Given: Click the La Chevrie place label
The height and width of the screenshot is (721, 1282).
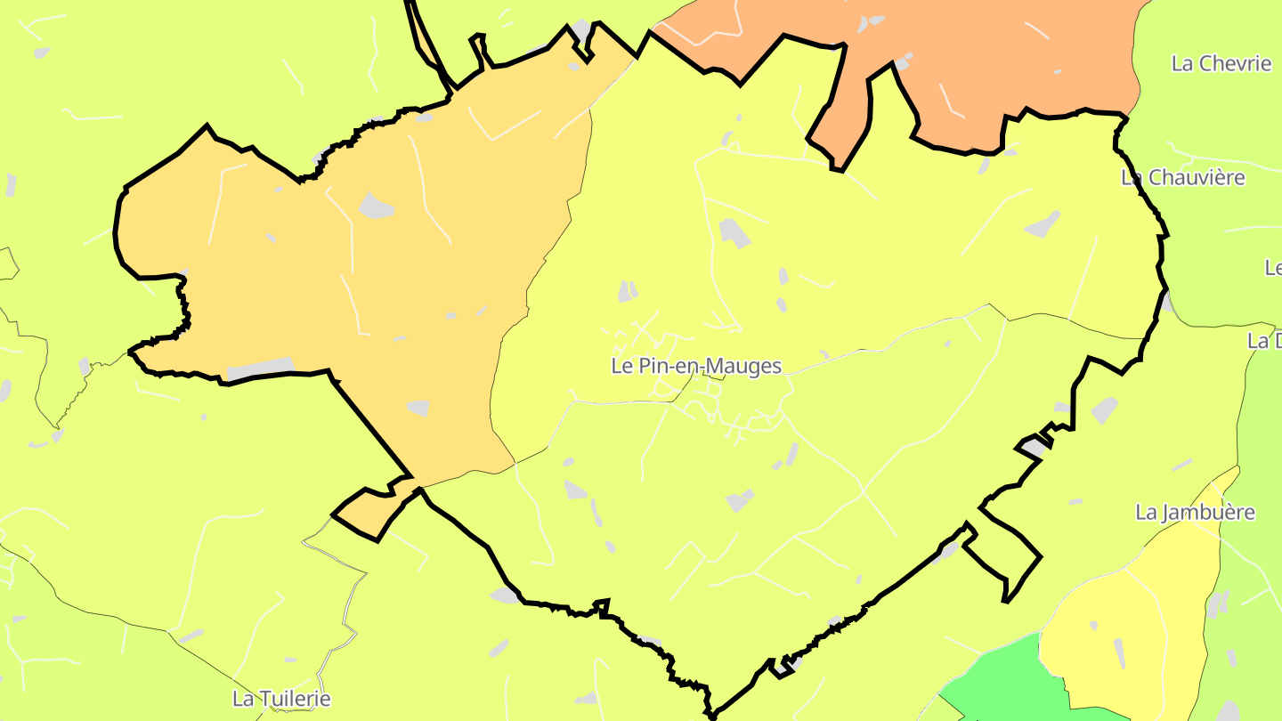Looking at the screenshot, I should click(1221, 63).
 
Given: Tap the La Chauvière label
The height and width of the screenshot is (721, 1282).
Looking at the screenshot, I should click(1183, 177).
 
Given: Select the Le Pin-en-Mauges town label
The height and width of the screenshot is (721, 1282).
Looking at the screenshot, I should click(696, 366).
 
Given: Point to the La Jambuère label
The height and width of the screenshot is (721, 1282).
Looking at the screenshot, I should click(1196, 512).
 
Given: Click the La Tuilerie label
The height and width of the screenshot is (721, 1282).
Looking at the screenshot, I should click(281, 699).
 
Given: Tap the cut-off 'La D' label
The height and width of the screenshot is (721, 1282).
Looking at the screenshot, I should click(1265, 340).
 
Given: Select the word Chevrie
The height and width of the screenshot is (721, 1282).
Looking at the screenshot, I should click(1234, 63).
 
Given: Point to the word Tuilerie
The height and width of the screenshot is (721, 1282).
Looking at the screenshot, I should click(294, 699).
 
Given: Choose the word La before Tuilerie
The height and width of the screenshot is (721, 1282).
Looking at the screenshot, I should click(242, 699).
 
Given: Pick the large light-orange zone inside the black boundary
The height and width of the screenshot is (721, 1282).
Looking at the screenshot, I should click(356, 267).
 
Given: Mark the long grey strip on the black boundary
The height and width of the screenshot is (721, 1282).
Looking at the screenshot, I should click(260, 368).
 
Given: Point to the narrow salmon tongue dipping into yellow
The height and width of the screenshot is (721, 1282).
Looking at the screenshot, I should click(846, 116).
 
